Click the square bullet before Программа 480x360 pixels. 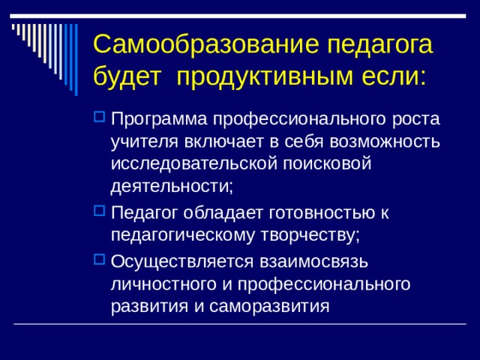(100, 118)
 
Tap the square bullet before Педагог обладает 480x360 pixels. (100, 213)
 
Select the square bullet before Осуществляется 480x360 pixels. (100, 260)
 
